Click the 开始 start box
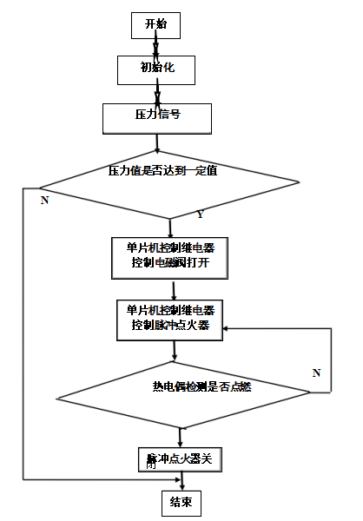pos(155,25)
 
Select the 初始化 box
pos(157,68)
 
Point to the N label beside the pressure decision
pos(43,200)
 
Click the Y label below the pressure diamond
pos(200,214)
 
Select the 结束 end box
pos(181,502)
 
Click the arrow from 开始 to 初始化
pos(156,47)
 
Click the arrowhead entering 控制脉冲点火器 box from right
pos(228,329)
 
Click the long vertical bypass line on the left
pos(23,339)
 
